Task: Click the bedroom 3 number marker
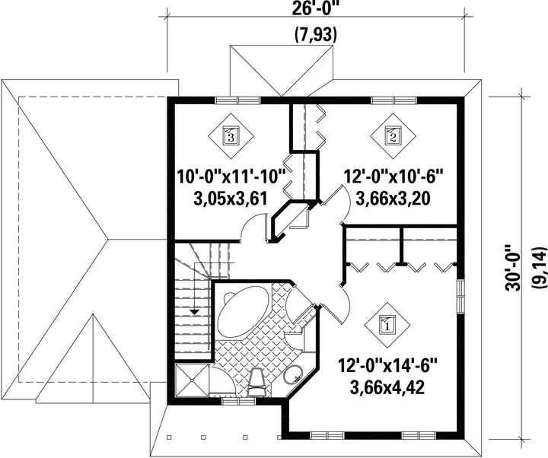point(231,135)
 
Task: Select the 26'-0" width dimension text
point(316,8)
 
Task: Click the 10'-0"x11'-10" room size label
point(231,176)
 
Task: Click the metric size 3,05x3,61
point(231,199)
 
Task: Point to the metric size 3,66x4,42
point(387,387)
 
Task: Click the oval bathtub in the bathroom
point(244,307)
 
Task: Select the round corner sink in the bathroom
point(293,374)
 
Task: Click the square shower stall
point(192,380)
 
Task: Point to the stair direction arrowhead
point(194,312)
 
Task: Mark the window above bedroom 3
point(237,100)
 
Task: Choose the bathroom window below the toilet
point(239,402)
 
